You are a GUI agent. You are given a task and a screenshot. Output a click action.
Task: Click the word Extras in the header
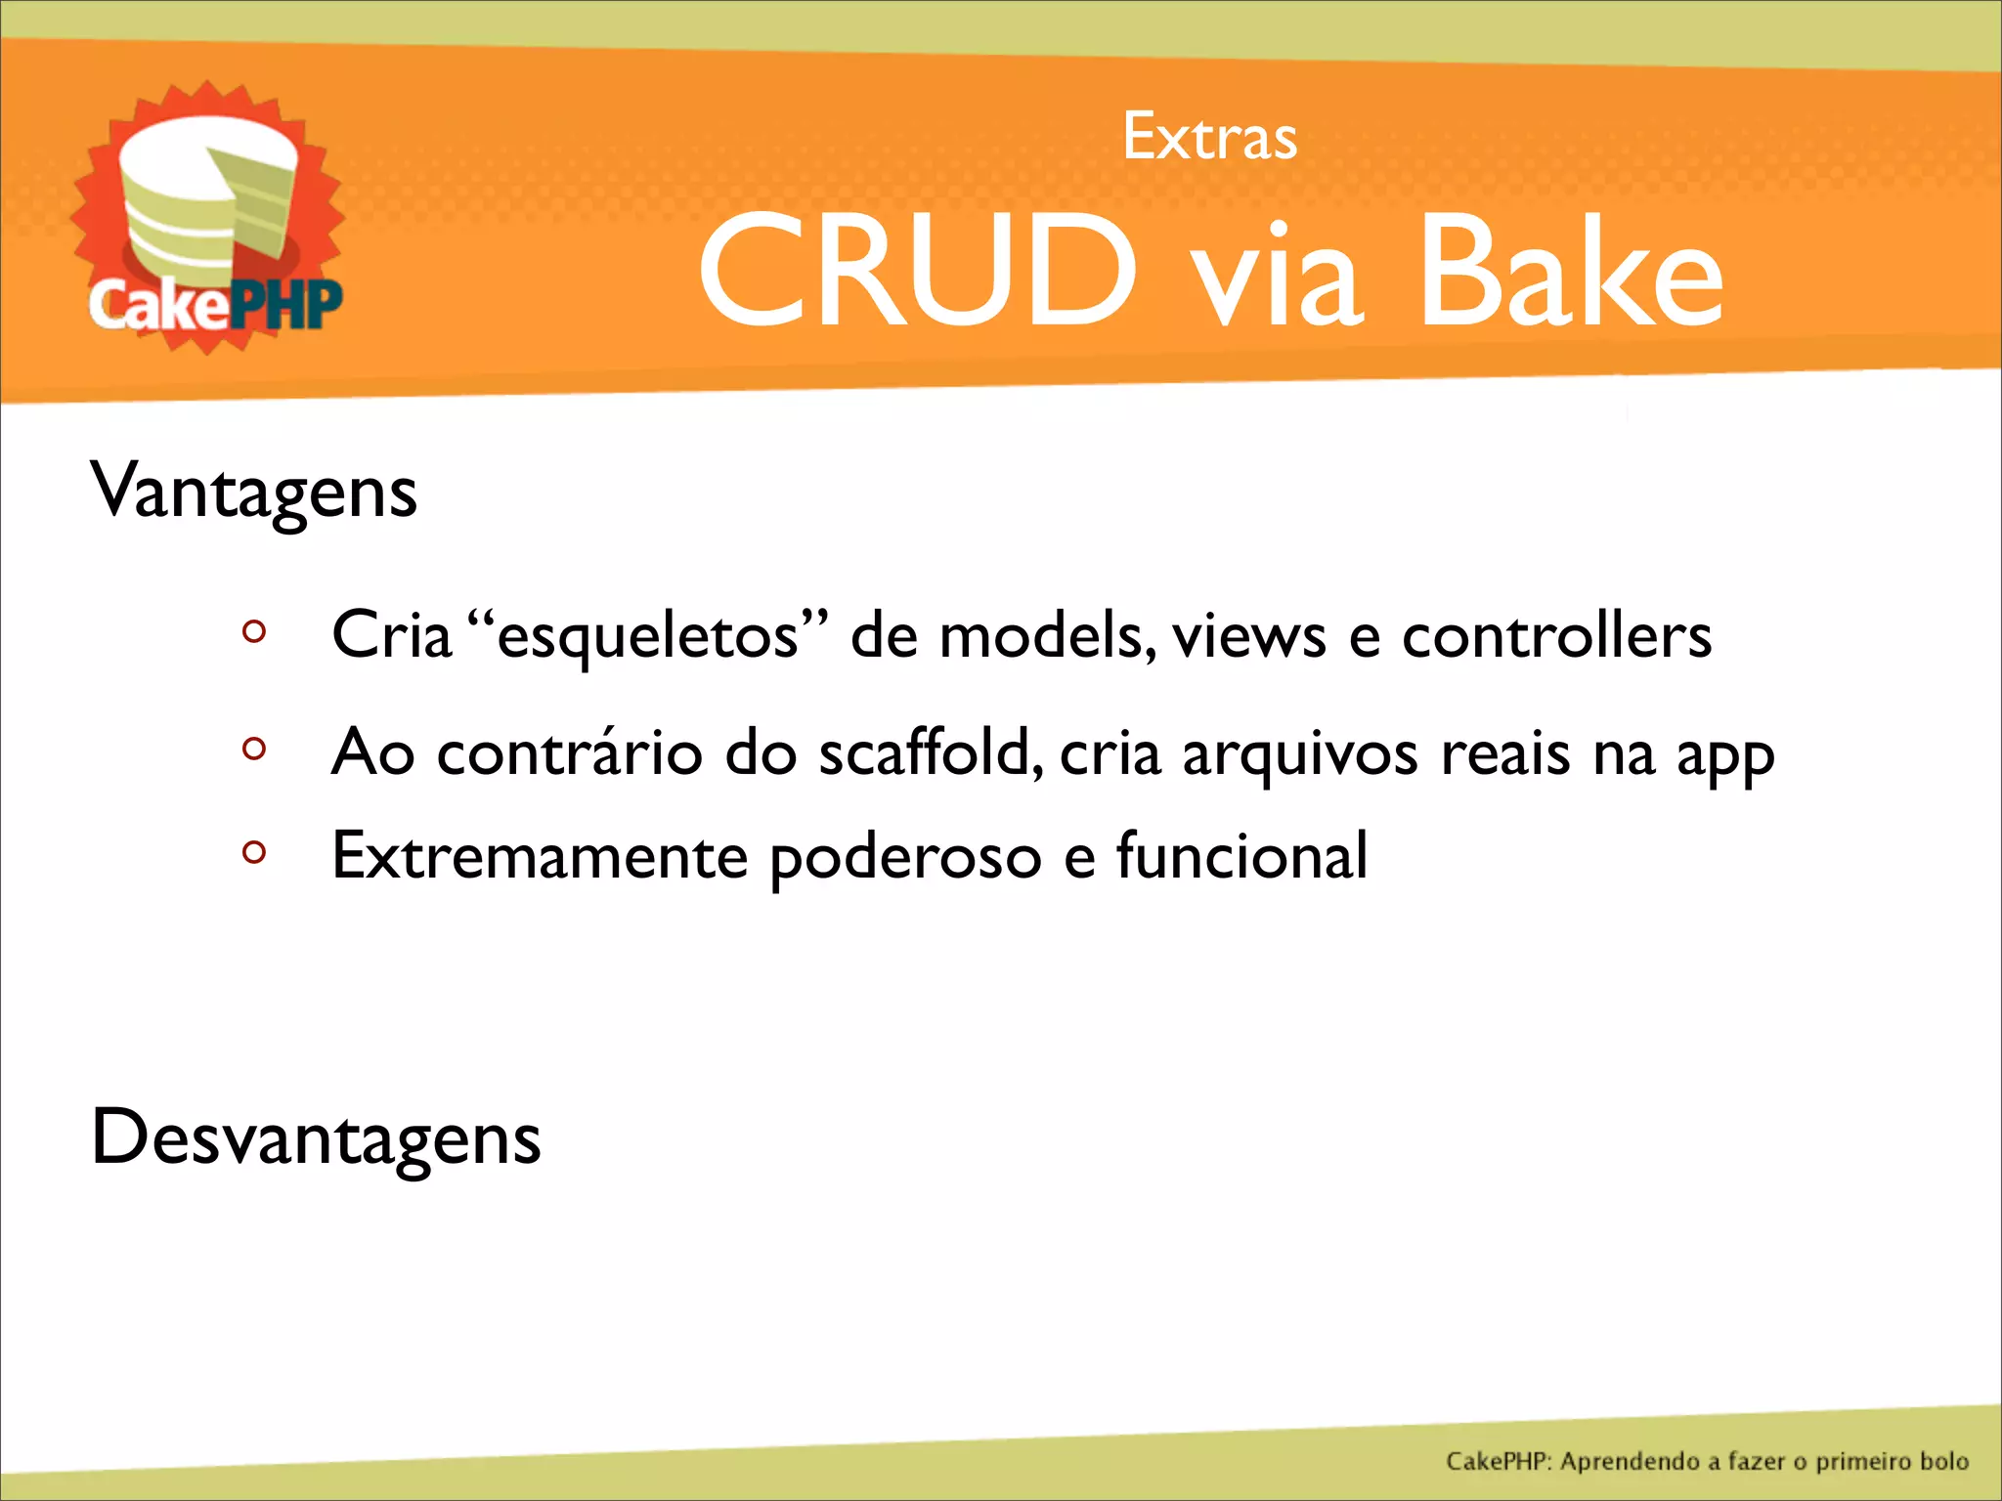click(x=1209, y=138)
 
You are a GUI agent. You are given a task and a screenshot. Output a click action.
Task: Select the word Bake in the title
click(x=1570, y=273)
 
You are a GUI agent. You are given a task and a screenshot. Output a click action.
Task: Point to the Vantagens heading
click(x=254, y=492)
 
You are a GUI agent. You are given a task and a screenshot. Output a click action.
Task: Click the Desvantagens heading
click(x=315, y=1138)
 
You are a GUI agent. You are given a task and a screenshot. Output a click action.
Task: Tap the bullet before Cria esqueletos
click(x=254, y=631)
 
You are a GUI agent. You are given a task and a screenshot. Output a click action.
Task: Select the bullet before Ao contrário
click(x=254, y=749)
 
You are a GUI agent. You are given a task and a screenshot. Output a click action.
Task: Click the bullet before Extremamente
click(x=254, y=852)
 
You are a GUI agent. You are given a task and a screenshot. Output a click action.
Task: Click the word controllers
click(x=1556, y=636)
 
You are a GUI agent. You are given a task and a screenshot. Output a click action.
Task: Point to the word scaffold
click(x=924, y=752)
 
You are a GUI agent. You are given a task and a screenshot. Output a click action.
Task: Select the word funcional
click(x=1241, y=856)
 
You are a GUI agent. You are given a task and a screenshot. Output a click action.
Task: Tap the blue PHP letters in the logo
click(x=285, y=305)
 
